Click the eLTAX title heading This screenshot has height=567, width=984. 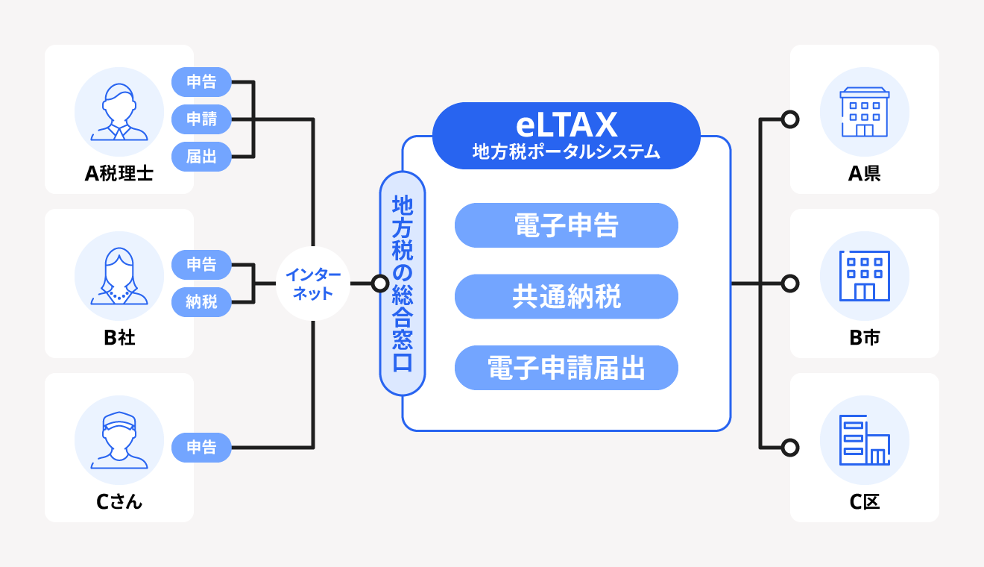(x=567, y=122)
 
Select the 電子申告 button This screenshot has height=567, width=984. (x=567, y=225)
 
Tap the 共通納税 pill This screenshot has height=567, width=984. (x=567, y=297)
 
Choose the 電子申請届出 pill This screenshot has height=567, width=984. (x=567, y=368)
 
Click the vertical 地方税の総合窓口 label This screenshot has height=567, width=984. (x=403, y=283)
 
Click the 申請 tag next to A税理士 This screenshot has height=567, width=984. (x=201, y=119)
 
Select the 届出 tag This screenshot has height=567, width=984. (x=201, y=157)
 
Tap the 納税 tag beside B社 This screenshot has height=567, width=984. (x=201, y=302)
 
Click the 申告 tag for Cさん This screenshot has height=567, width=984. (x=201, y=448)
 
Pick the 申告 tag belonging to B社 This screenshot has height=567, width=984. (x=201, y=265)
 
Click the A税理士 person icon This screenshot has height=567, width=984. (x=119, y=112)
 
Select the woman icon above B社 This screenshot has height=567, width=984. (x=119, y=276)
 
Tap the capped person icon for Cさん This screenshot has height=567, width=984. (x=119, y=440)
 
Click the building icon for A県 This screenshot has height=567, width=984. (x=865, y=112)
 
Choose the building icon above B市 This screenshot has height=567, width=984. (x=865, y=276)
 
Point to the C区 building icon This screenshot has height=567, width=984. (x=865, y=440)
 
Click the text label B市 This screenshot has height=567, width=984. (x=865, y=338)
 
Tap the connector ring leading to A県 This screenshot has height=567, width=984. (x=790, y=119)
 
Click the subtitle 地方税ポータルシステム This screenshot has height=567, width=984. (x=567, y=151)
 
